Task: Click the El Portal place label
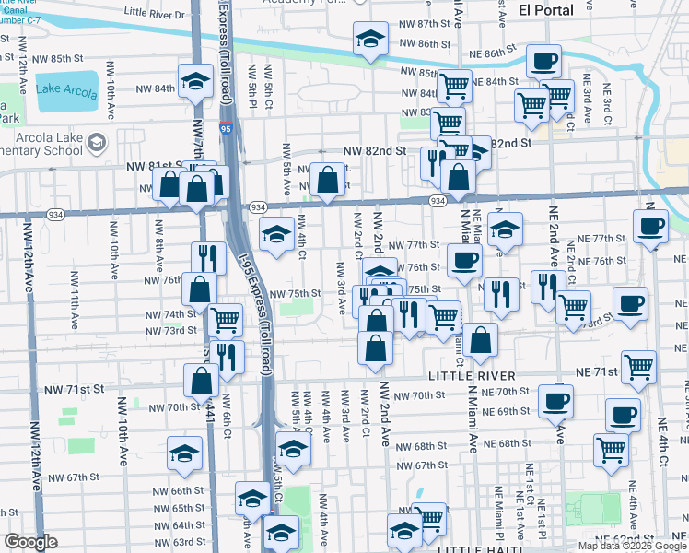coord(546,10)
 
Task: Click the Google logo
coord(30,542)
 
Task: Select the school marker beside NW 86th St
coord(370,39)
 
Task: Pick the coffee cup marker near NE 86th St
coord(543,61)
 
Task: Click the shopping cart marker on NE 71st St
coord(638,366)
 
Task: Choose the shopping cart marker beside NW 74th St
coord(225,320)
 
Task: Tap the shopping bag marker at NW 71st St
coord(201,380)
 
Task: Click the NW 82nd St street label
coord(375,150)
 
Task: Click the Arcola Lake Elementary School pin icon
coord(99,144)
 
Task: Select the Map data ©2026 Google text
coord(631,546)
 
